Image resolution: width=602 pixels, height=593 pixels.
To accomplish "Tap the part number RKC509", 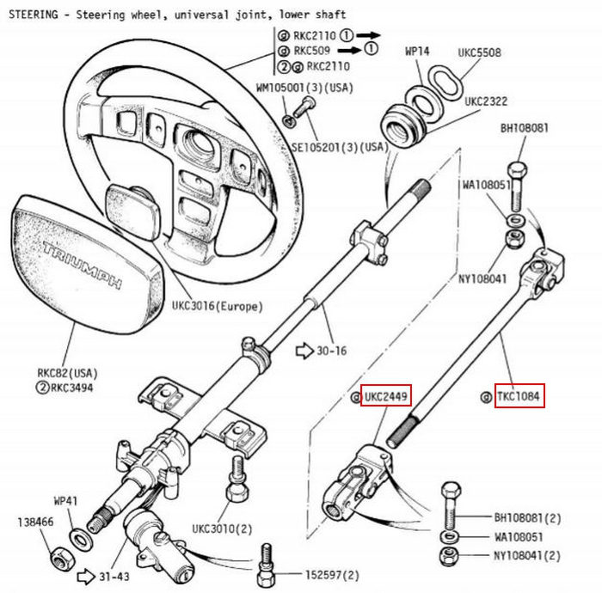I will click(311, 50).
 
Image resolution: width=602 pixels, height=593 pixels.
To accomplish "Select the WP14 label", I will click(417, 52).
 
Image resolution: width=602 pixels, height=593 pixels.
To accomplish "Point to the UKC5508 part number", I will click(479, 52).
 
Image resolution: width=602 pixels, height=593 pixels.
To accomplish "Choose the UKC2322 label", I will click(486, 101).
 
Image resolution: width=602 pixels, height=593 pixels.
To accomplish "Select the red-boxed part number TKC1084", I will click(520, 397).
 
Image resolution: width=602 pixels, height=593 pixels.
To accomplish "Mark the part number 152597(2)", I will click(332, 575).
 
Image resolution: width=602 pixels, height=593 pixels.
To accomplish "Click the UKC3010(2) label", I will click(220, 528).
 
